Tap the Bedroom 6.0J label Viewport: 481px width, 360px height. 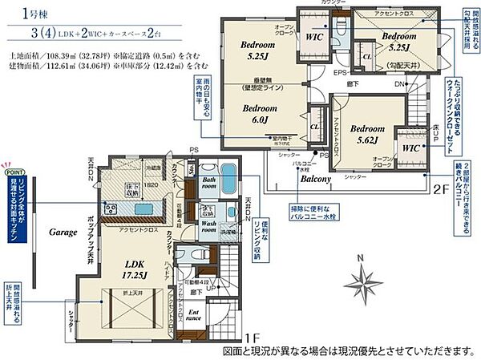click(x=259, y=112)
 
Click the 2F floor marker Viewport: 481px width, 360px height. click(x=439, y=190)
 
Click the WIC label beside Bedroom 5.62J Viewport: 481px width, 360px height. click(x=411, y=148)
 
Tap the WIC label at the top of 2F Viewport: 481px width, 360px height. click(x=313, y=38)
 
